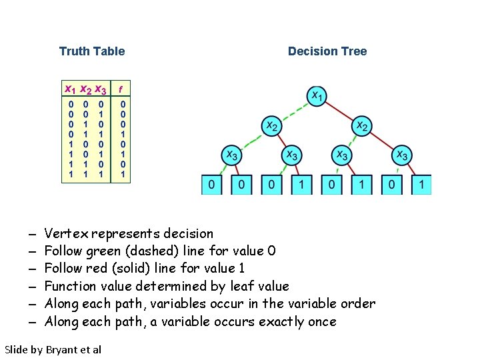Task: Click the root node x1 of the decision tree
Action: point(316,97)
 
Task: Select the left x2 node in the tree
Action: point(271,125)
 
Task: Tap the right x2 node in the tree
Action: point(361,125)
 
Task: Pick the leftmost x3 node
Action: point(231,155)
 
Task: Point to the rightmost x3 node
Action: point(401,155)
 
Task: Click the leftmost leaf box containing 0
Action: point(211,184)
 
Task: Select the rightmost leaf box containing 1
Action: point(421,184)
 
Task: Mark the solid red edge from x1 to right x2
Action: point(339,111)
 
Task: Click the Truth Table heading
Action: point(92,51)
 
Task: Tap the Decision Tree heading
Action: point(327,51)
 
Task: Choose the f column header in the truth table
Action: point(120,87)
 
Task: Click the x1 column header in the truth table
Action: point(69,89)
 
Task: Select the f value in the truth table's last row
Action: point(123,175)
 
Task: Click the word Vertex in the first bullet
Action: point(66,233)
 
